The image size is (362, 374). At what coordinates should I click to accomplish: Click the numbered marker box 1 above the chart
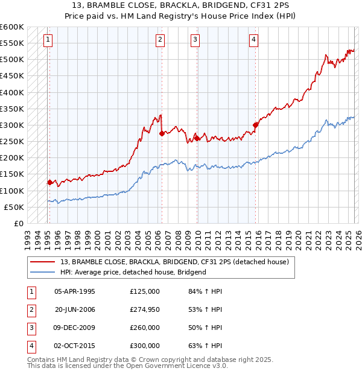48,40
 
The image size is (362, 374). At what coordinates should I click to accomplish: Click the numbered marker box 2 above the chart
160,40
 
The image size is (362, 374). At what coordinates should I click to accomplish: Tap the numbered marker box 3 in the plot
195,40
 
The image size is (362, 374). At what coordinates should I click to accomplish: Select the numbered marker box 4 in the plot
253,40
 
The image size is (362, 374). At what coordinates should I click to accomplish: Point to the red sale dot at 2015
255,125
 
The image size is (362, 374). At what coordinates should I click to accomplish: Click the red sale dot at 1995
49,182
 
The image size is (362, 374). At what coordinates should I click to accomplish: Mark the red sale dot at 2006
162,133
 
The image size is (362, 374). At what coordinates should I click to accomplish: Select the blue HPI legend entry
133,272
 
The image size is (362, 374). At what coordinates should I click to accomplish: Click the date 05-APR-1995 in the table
75,291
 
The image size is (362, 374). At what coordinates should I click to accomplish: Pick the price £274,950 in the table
145,309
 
